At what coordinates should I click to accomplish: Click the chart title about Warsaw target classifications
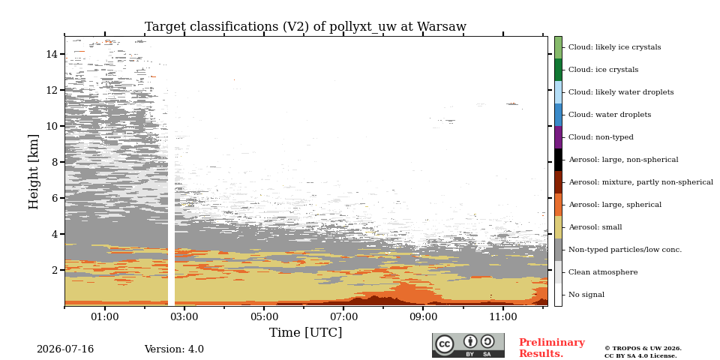[305, 27]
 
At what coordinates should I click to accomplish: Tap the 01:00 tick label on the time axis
[105, 316]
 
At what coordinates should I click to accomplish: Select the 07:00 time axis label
[344, 316]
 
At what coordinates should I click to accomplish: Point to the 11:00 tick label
[503, 316]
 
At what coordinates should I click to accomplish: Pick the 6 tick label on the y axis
[54, 198]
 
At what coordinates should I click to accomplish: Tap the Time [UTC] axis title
[305, 332]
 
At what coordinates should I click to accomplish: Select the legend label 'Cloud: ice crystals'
[603, 70]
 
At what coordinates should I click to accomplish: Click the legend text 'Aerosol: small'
[595, 227]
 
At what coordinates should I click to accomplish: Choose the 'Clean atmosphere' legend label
[603, 272]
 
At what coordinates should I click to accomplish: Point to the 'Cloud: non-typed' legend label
[601, 137]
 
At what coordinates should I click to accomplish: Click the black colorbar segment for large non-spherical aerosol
[558, 160]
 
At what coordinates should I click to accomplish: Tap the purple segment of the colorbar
[558, 137]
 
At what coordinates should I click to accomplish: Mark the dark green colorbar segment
[558, 70]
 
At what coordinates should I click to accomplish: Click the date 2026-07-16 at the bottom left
[65, 349]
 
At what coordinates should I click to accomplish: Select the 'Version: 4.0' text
[174, 349]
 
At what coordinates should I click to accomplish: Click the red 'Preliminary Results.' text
[552, 348]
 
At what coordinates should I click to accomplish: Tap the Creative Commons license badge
[468, 345]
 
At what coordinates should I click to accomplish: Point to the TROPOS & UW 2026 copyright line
[643, 349]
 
